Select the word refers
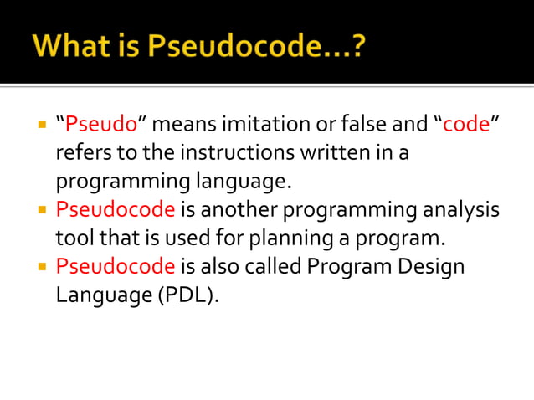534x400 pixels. [x=80, y=154]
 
